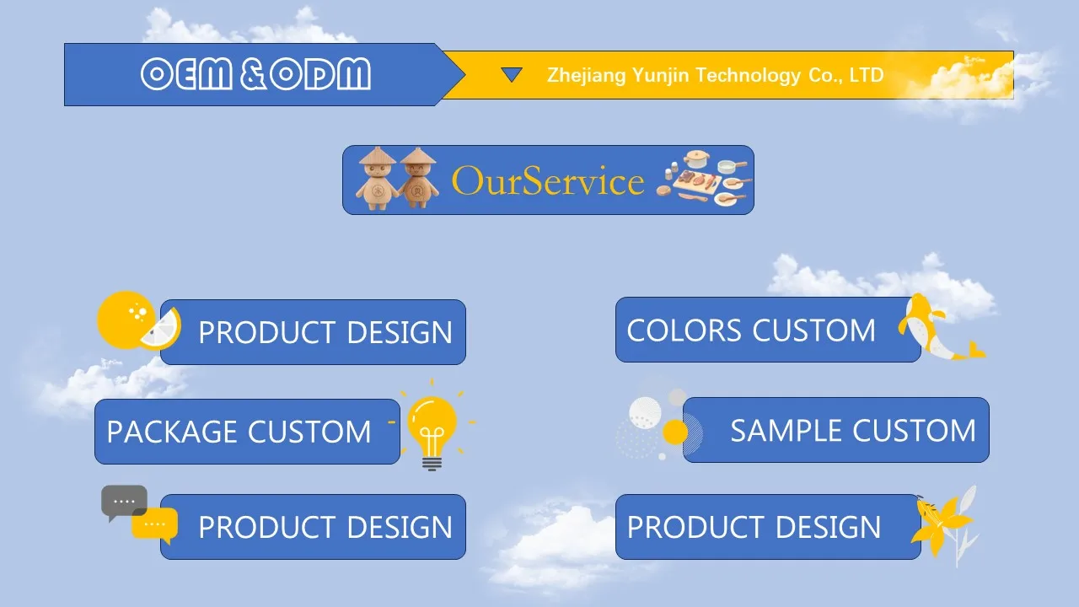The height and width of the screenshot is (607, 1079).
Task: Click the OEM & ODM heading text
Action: pyautogui.click(x=255, y=75)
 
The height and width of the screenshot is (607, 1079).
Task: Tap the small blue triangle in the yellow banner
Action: pyautogui.click(x=512, y=75)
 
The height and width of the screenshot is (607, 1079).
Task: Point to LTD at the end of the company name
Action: pyautogui.click(x=866, y=75)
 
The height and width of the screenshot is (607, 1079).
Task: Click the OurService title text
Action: pyautogui.click(x=548, y=180)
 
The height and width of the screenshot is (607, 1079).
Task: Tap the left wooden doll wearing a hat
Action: pyautogui.click(x=377, y=178)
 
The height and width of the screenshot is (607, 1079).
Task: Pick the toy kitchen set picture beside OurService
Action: pyautogui.click(x=704, y=179)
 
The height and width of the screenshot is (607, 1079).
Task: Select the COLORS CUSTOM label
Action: pyautogui.click(x=751, y=330)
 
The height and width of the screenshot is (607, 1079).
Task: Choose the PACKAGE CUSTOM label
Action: pyautogui.click(x=239, y=432)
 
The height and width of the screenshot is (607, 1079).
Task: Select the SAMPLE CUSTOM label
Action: pyautogui.click(x=852, y=431)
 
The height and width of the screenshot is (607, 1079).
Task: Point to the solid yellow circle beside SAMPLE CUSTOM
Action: pyautogui.click(x=675, y=432)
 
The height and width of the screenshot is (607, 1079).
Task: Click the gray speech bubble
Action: pyautogui.click(x=124, y=502)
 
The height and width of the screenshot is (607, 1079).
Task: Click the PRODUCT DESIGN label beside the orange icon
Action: pyautogui.click(x=325, y=333)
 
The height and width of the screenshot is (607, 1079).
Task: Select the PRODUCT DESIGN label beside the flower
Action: pyautogui.click(x=754, y=528)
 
